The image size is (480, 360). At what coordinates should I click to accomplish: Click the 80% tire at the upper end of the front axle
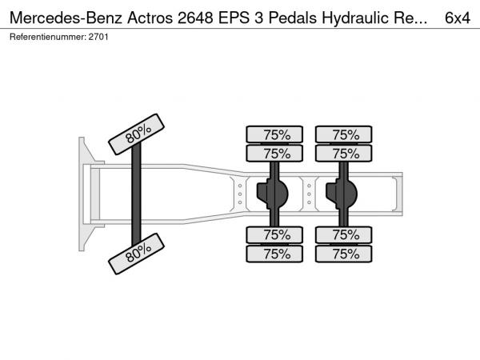136,134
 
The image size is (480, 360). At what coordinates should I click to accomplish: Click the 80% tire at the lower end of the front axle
136,254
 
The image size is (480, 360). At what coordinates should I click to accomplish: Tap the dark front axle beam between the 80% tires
136,194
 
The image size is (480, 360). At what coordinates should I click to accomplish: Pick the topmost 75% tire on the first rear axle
274,134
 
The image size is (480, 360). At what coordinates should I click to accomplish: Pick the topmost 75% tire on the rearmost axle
344,134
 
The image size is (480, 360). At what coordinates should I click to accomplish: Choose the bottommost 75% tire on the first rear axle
274,254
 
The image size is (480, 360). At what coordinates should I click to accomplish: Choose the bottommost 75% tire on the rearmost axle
344,254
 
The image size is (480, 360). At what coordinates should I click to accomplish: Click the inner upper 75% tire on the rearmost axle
344,154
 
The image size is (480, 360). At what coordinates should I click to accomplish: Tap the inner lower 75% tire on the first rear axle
274,234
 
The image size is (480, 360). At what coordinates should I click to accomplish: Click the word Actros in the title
150,18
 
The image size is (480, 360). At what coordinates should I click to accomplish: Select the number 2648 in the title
195,18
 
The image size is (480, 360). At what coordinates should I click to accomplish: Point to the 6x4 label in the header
458,18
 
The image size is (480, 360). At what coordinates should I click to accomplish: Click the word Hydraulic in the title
355,18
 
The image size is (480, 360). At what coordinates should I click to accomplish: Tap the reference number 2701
98,37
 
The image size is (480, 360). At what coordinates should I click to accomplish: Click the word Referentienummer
47,37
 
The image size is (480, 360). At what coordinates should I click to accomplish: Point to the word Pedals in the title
293,18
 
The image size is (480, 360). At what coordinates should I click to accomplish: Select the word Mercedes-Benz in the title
66,18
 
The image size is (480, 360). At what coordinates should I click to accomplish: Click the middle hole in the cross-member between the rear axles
309,194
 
